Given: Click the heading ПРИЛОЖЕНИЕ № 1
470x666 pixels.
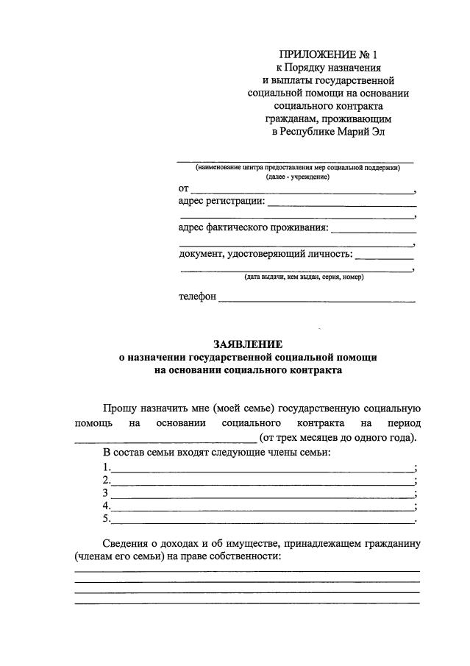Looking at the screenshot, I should point(327,54).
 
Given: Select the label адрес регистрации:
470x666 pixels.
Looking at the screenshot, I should point(221,200).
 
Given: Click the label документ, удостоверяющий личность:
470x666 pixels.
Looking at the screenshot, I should point(266,255).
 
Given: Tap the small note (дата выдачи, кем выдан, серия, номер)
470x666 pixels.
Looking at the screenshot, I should point(304,277).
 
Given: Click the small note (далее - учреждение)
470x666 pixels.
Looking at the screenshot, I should point(297,177).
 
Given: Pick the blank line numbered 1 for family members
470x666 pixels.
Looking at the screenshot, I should point(263,470).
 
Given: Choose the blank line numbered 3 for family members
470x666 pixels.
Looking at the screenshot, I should point(263,495).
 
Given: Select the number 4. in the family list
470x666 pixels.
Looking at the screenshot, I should point(107,506).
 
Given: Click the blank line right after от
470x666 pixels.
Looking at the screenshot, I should point(302,191).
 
